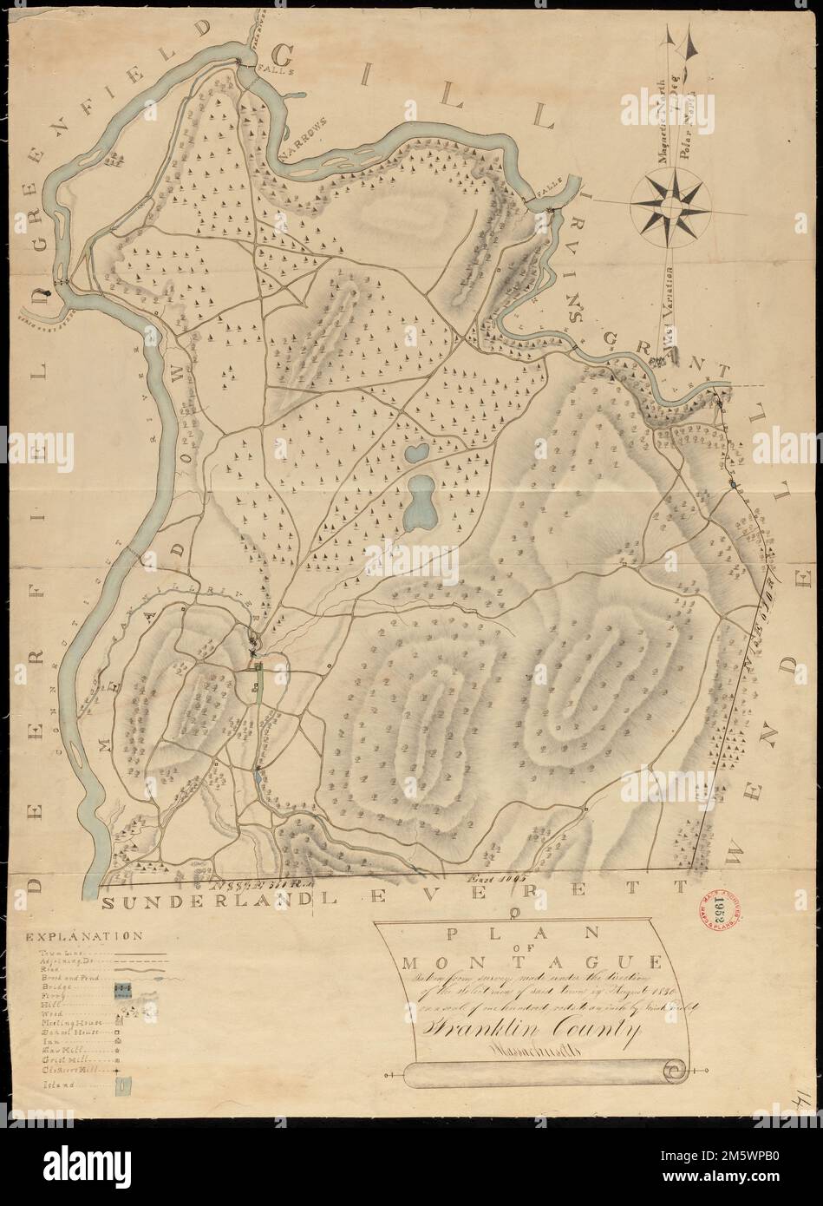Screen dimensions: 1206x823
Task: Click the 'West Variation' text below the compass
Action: click(x=669, y=309)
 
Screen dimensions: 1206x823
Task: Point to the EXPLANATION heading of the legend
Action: click(x=84, y=937)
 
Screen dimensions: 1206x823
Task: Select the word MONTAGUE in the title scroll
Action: click(x=518, y=962)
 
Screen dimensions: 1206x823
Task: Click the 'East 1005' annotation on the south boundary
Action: click(x=481, y=879)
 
